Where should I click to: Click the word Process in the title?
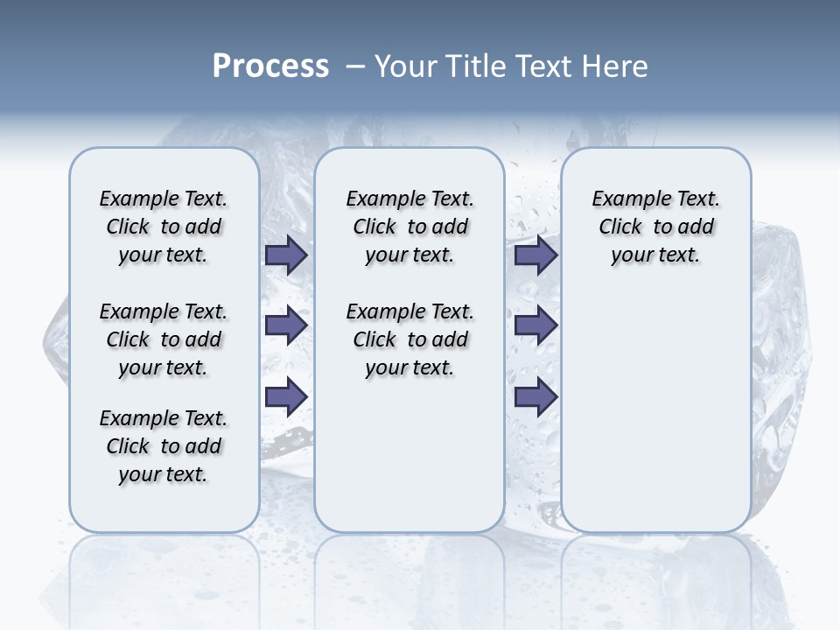(269, 66)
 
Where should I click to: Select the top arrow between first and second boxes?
(286, 255)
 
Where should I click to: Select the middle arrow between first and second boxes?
(286, 326)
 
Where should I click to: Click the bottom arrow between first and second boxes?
(286, 397)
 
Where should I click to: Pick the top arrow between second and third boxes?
(535, 255)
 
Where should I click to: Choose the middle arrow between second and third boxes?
(535, 326)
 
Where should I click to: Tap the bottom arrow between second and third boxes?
(535, 397)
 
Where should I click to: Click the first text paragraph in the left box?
(164, 227)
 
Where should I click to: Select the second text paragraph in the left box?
(164, 339)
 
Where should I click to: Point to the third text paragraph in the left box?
(164, 446)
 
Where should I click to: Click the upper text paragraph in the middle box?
(409, 227)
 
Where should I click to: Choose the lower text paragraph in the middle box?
(409, 339)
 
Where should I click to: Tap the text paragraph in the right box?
(655, 227)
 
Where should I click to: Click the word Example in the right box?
(625, 199)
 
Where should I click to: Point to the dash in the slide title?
(355, 66)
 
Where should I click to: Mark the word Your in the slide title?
(404, 66)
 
